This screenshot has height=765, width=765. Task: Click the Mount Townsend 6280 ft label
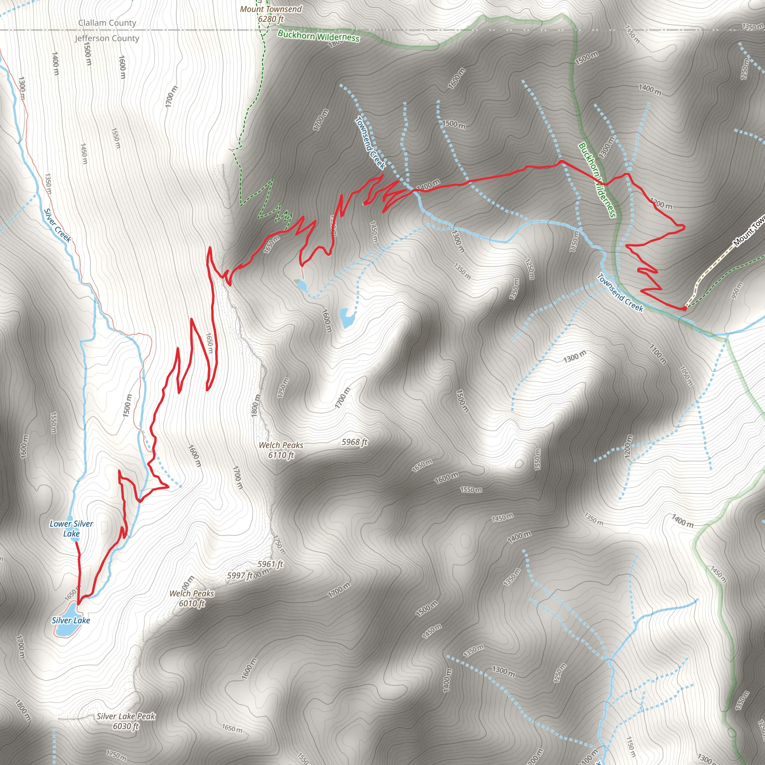point(271,14)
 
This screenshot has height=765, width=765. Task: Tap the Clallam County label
point(107,23)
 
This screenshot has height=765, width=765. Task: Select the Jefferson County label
point(107,38)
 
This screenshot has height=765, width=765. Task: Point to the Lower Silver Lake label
point(71,529)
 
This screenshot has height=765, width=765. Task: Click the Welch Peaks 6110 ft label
point(281,450)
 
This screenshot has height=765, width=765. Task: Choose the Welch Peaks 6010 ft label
point(192,598)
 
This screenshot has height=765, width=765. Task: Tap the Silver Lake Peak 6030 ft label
point(126,721)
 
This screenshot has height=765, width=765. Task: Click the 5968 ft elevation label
point(354,442)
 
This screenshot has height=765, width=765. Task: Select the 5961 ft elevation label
point(270,564)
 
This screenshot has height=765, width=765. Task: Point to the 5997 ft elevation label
point(239,576)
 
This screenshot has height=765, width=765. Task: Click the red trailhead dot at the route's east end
point(684,309)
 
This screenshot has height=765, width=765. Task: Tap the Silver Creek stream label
point(58,225)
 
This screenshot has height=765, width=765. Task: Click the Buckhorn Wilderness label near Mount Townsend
point(318,37)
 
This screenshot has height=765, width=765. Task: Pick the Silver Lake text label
point(71,620)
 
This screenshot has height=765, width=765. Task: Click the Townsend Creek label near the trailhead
point(620,292)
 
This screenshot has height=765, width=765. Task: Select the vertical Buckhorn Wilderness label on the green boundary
point(597,180)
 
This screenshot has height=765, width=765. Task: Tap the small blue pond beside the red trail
point(302,285)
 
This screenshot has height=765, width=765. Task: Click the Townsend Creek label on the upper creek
point(370,143)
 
